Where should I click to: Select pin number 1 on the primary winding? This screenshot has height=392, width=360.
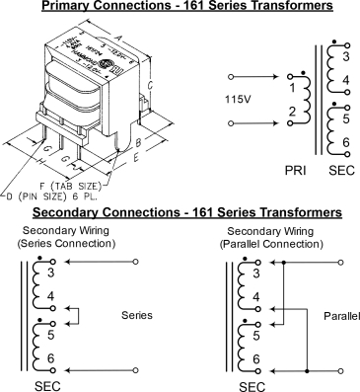(x=292, y=87)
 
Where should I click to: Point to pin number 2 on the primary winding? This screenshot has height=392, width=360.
(x=292, y=115)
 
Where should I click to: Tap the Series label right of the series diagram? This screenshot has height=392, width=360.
(x=135, y=316)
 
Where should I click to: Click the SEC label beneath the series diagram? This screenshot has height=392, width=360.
(x=46, y=384)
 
